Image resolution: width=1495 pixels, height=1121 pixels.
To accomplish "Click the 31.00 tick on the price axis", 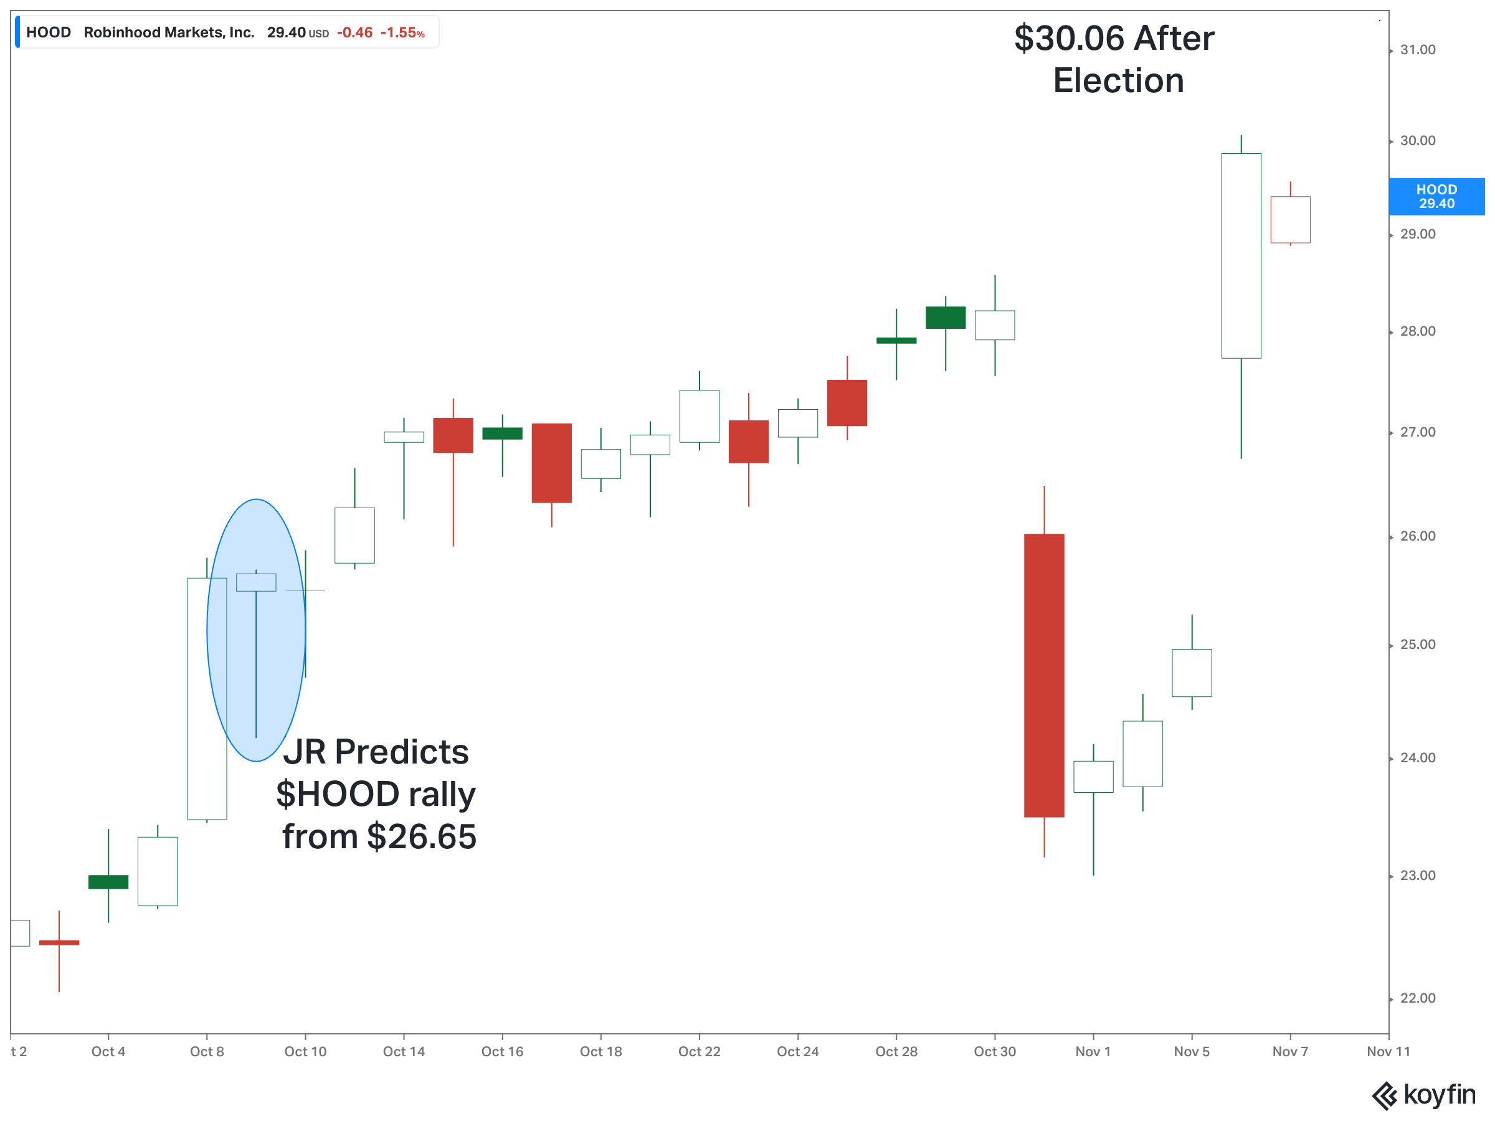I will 1417,50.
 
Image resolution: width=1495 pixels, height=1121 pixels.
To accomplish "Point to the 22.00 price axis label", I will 1417,999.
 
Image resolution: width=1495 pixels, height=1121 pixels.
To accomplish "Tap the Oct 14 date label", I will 404,1051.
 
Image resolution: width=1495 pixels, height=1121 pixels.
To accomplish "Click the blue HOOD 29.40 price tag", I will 1436,197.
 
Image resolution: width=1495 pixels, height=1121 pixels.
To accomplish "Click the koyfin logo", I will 1423,1095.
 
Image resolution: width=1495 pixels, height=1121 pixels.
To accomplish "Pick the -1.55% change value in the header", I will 402,33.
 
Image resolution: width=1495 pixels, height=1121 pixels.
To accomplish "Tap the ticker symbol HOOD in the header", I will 49,32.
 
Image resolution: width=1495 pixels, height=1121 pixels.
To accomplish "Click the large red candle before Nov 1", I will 1043,675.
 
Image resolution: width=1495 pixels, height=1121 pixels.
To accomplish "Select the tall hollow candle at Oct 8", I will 207,698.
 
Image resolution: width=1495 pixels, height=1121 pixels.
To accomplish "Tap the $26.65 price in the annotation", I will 422,836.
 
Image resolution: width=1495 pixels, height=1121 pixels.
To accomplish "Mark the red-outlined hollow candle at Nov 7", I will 1289,220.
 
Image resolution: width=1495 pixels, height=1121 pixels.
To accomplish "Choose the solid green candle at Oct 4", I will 108,882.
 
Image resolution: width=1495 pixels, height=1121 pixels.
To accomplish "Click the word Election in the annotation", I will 1118,81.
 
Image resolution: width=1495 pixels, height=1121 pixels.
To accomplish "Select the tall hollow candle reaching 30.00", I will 1240,255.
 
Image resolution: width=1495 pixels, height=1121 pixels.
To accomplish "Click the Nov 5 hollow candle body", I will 1191,673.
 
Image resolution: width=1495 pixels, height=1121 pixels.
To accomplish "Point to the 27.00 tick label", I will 1417,432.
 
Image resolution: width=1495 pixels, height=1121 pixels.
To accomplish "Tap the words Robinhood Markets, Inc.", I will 169,32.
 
